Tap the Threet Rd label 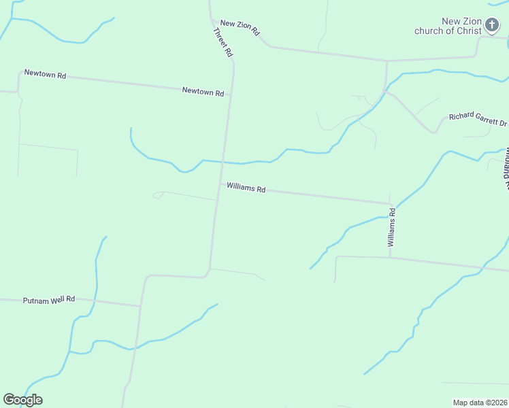[x=223, y=41]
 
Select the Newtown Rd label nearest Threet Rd [x=203, y=91]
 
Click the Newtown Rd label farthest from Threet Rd [x=45, y=74]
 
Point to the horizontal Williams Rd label [x=246, y=187]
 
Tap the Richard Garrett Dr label [x=478, y=120]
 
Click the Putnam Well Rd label [x=48, y=299]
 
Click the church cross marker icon [x=493, y=27]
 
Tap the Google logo [x=22, y=400]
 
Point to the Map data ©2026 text [x=480, y=403]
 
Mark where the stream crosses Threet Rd [x=223, y=162]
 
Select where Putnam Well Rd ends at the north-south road [x=140, y=306]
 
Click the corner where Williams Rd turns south [x=390, y=203]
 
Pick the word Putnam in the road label [x=35, y=300]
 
